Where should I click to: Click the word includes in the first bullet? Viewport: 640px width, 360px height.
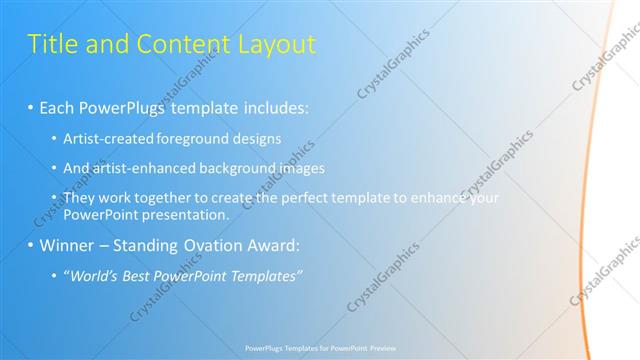pos(274,106)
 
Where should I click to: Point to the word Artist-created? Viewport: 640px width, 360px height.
pos(105,138)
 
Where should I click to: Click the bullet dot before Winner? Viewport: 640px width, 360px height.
pos(30,245)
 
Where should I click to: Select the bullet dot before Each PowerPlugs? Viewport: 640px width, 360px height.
pos(30,106)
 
